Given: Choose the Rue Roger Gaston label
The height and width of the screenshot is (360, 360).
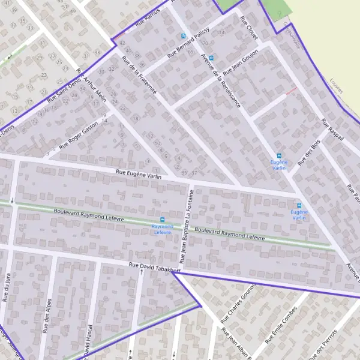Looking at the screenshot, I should click(x=79, y=136).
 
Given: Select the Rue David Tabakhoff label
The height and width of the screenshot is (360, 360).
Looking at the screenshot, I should click(x=154, y=267).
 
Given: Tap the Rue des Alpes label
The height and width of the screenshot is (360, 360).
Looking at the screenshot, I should click(x=46, y=316).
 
